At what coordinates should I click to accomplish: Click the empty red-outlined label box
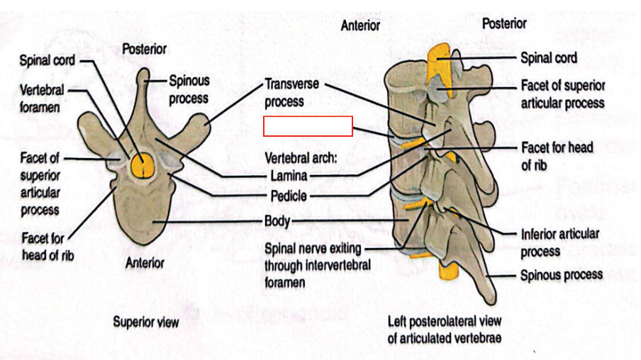click(308, 125)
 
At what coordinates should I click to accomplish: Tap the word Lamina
click(289, 175)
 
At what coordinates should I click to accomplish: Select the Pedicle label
click(289, 195)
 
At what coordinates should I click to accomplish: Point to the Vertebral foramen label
click(42, 99)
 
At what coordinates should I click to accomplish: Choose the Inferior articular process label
click(559, 242)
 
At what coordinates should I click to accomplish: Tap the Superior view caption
click(145, 322)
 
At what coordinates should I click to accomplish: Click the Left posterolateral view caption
click(444, 329)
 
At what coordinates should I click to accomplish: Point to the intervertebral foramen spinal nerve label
click(315, 265)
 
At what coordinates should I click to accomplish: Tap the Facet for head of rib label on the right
click(557, 156)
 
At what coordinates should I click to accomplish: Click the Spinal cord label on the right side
click(549, 57)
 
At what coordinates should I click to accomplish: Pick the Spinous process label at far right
click(561, 275)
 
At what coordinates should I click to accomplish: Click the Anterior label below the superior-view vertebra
click(145, 263)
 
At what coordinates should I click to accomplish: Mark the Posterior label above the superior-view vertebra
click(144, 49)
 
